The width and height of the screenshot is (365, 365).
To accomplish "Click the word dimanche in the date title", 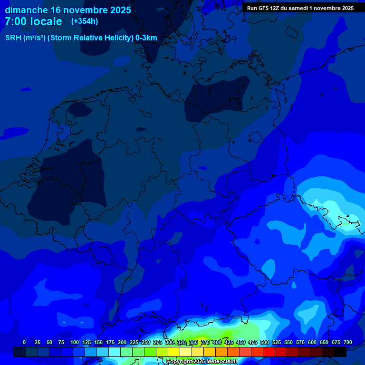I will click(x=26, y=10).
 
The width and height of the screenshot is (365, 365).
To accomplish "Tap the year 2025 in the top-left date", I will click(x=118, y=10).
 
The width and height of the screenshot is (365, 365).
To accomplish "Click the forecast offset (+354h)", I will click(x=85, y=21).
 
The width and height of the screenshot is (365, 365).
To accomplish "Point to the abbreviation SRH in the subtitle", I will click(x=13, y=38).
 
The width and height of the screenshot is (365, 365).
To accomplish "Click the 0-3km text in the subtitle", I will click(x=146, y=38).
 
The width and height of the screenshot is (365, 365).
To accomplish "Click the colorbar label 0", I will click(x=24, y=342).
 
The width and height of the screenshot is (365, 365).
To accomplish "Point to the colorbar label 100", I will click(x=75, y=342).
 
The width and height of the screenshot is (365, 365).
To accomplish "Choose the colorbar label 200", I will click(x=122, y=342).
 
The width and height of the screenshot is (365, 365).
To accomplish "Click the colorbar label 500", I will click(x=265, y=342).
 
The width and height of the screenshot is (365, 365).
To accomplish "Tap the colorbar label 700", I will click(x=348, y=342).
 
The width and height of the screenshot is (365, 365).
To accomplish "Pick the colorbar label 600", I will click(x=312, y=342).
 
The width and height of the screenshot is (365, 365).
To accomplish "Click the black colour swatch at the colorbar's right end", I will click(x=340, y=352).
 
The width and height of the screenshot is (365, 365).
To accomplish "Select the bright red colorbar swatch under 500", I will click(x=269, y=352).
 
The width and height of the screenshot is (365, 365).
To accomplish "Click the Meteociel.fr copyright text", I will click(x=202, y=362).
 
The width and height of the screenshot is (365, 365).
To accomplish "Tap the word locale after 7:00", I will click(x=46, y=21).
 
